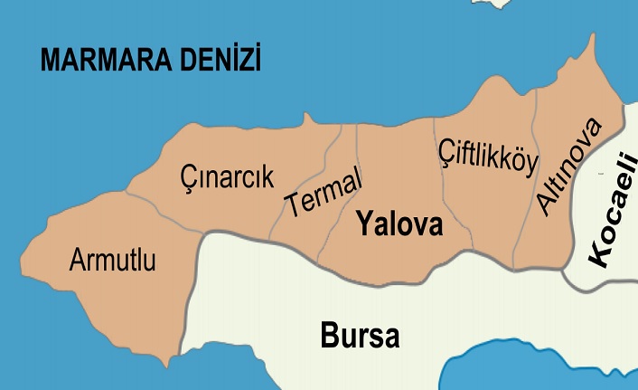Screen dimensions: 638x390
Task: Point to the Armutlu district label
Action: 112,262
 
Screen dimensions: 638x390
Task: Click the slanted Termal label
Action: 323,192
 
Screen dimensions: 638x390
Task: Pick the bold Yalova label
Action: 399,224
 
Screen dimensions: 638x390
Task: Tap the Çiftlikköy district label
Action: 488,157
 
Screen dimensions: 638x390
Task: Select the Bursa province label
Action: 360,336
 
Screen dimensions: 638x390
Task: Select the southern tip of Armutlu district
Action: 166,365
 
